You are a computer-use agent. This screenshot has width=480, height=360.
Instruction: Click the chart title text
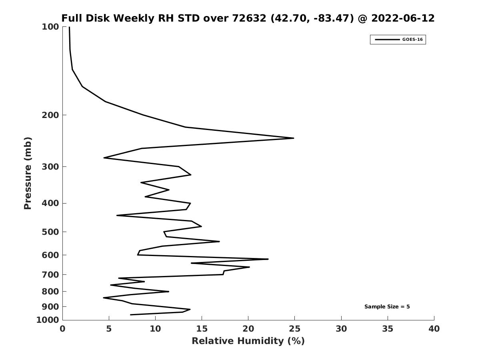coord(248,18)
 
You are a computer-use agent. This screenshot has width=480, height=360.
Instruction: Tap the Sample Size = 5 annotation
coord(387,307)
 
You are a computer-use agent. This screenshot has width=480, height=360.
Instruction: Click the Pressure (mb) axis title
coord(28,173)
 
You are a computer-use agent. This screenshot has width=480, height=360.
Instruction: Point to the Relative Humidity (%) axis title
coord(248,341)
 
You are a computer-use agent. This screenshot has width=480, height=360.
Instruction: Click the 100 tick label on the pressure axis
coord(50,27)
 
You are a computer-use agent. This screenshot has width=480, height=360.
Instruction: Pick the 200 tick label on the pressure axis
coord(50,115)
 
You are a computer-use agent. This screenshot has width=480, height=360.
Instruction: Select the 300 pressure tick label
coord(50,167)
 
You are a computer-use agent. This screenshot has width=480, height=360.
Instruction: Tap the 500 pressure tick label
coord(50,232)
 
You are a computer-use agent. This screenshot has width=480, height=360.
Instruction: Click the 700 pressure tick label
coord(50,275)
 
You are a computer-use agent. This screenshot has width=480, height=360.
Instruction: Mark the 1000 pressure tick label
coord(48,320)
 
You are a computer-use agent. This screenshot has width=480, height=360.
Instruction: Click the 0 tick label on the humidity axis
coord(63,329)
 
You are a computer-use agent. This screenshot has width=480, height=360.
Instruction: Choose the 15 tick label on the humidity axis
coord(202,329)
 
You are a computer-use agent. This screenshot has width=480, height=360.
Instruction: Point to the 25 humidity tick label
coord(295,329)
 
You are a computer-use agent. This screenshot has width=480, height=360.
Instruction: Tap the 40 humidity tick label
coord(434,329)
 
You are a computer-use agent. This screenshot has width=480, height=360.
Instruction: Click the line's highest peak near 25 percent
coord(294,138)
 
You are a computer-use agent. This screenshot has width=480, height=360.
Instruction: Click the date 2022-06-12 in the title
coord(403,18)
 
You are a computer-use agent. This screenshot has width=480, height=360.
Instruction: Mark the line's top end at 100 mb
coord(69,27)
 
